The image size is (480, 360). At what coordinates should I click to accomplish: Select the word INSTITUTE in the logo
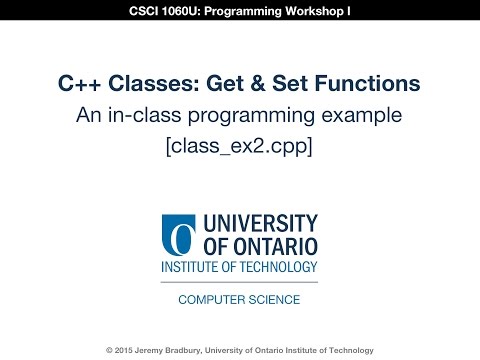coord(193,268)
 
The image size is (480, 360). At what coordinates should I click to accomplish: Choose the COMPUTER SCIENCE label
coord(240,299)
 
